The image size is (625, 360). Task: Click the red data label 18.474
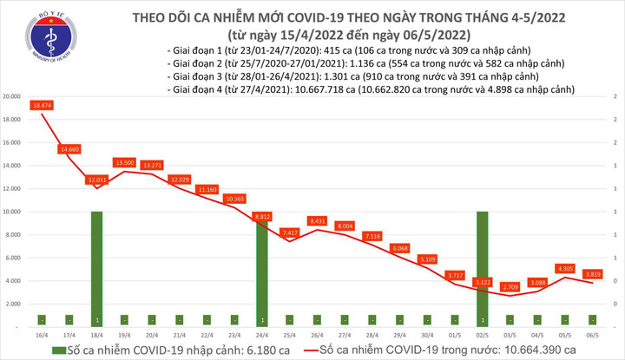[x=42, y=105]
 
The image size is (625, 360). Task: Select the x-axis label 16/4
[x=42, y=334]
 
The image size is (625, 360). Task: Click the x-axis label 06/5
[x=594, y=334]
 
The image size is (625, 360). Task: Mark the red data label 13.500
[x=125, y=162]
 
